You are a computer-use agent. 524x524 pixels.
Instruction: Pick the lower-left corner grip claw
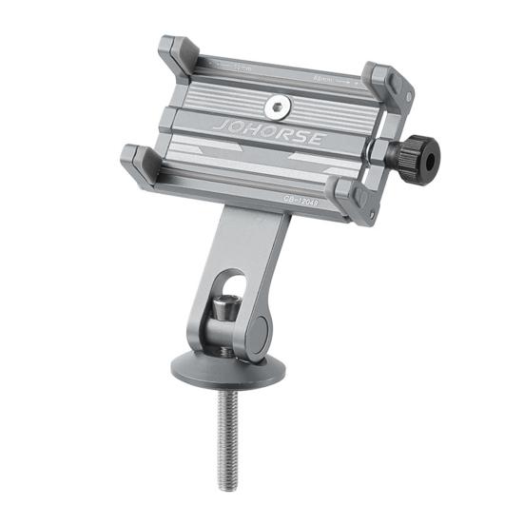(x=141, y=165)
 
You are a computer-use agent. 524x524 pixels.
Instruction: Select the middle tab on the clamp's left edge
(x=167, y=118)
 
